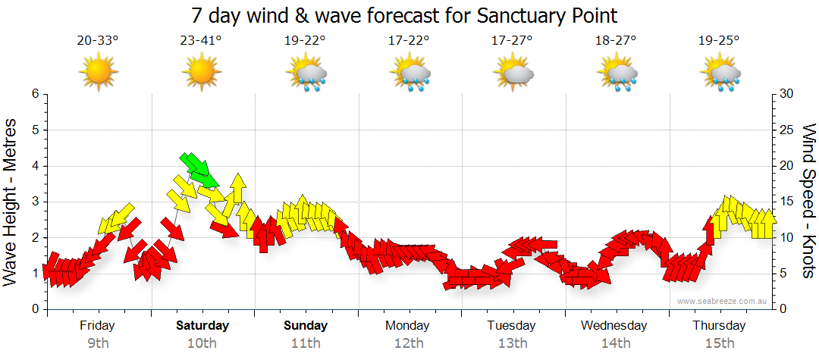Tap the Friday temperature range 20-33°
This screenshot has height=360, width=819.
pos(98,41)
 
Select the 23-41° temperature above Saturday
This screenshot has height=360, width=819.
pos(201,41)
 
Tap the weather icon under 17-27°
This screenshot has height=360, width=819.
pos(513,74)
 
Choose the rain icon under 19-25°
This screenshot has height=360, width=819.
pos(720,74)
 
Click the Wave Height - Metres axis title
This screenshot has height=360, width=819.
pos(11,201)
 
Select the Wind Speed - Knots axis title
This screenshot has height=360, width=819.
pos(808,201)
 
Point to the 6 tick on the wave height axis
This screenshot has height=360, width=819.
pos(35,94)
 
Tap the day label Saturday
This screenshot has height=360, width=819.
pos(202,326)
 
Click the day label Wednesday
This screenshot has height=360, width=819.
pos(614,326)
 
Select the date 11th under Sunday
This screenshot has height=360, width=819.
pos(306,343)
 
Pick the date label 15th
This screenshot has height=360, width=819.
pos(719,343)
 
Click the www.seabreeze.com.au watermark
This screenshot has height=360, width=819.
pos(723,301)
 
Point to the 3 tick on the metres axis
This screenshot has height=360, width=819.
pos(35,202)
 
